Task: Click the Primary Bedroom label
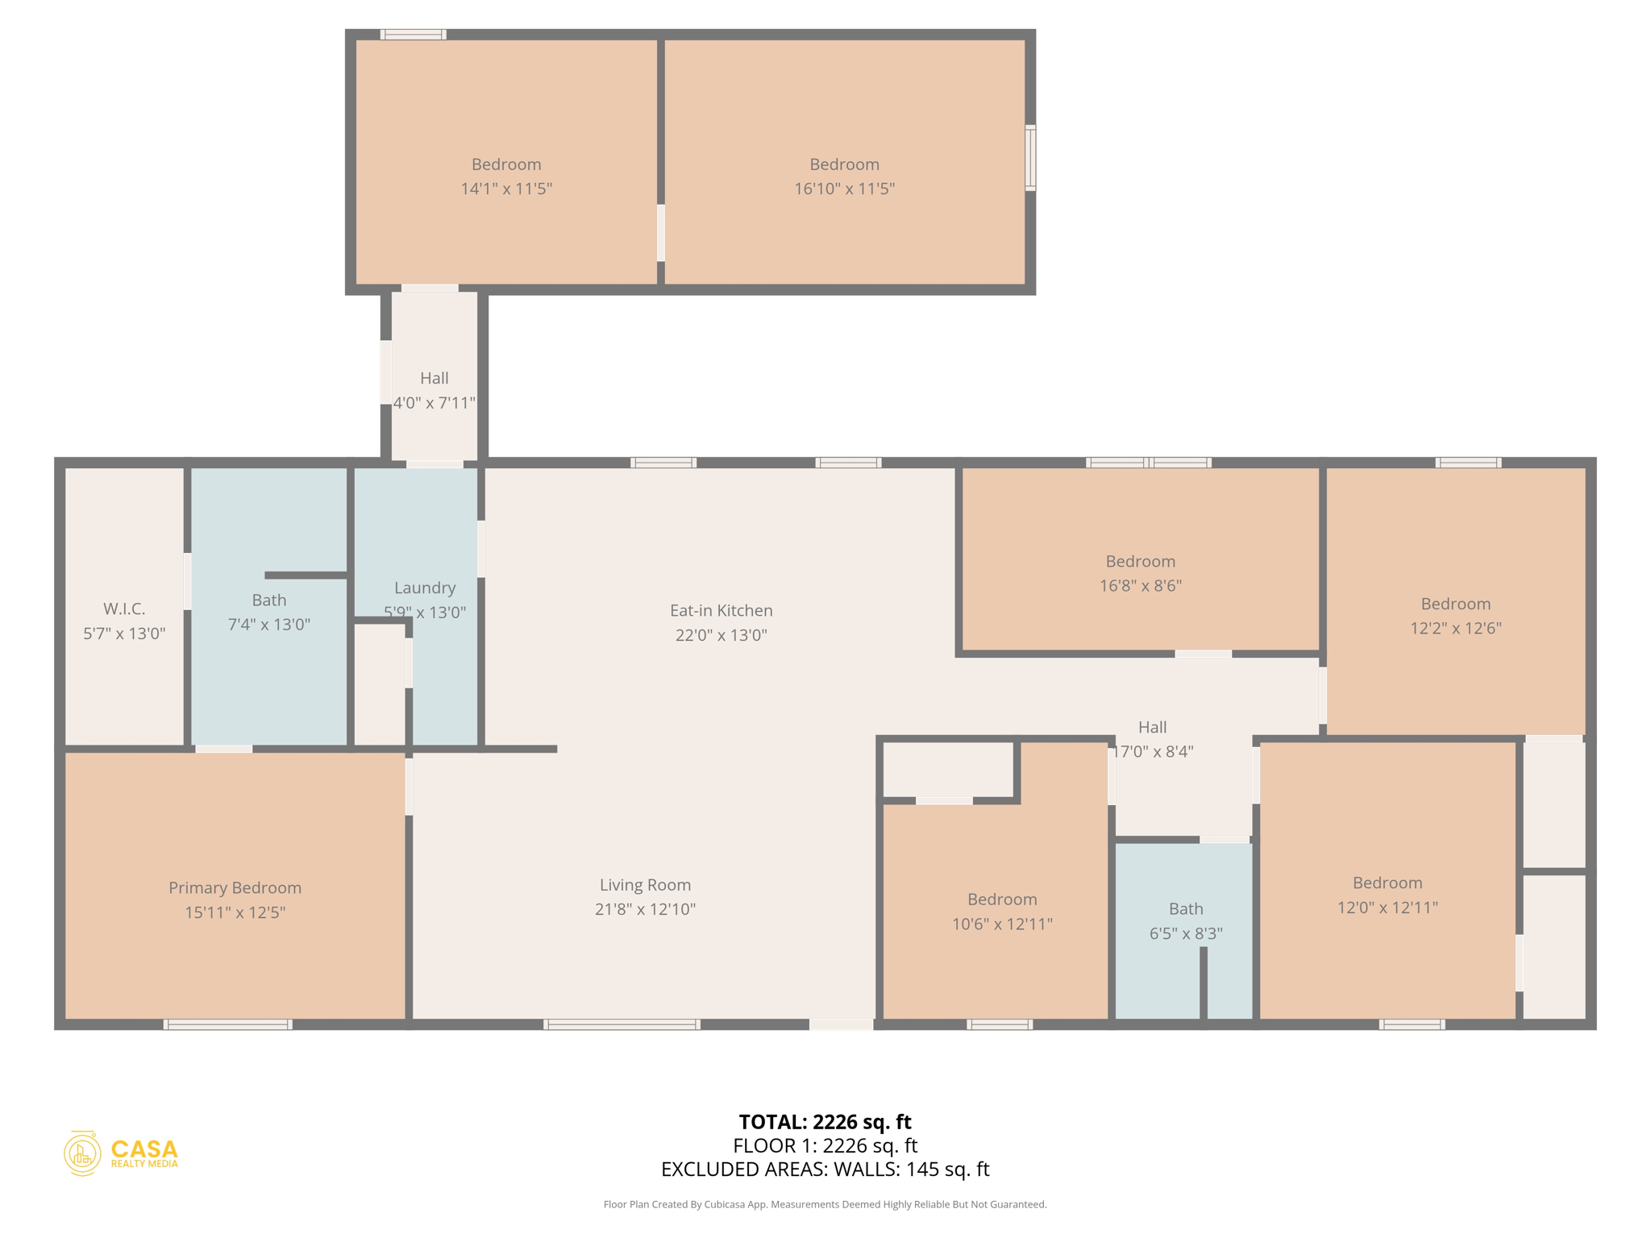(x=235, y=887)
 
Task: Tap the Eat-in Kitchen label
(x=721, y=610)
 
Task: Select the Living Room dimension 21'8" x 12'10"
(x=645, y=909)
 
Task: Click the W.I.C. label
(x=124, y=609)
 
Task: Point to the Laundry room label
(x=425, y=588)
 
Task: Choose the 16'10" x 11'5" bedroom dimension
(x=844, y=189)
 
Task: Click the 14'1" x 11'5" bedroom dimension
(x=506, y=189)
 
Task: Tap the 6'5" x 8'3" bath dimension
(x=1186, y=933)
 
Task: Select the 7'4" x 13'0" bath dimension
(x=268, y=625)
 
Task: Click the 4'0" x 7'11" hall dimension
(x=435, y=403)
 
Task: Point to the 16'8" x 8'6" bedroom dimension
(x=1140, y=586)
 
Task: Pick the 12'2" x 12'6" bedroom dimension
(x=1455, y=628)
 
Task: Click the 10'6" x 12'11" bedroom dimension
(x=1002, y=924)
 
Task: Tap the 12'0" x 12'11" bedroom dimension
(x=1387, y=908)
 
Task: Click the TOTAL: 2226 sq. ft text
(x=825, y=1122)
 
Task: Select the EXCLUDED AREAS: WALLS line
(x=825, y=1169)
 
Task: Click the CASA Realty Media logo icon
(x=82, y=1153)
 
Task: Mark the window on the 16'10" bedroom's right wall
(x=1030, y=158)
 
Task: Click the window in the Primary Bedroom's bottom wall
(x=228, y=1024)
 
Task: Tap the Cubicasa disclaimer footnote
(x=825, y=1204)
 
